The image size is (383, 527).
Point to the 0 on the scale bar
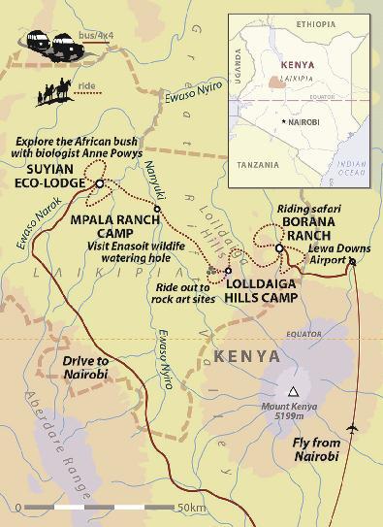click(17, 508)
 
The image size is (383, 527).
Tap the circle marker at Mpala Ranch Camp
click(157, 208)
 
